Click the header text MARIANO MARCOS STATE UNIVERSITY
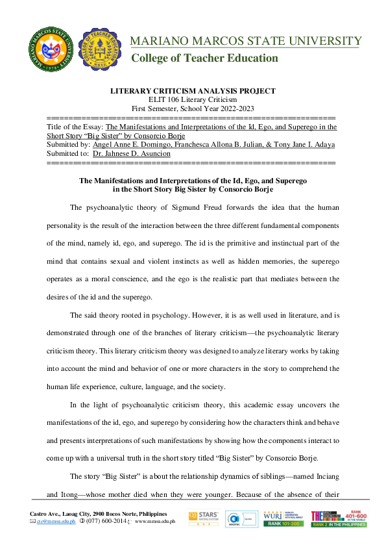click(x=246, y=42)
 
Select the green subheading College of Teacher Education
click(x=204, y=58)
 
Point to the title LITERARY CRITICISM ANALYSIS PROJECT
click(x=193, y=92)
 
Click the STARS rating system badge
click(x=202, y=518)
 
